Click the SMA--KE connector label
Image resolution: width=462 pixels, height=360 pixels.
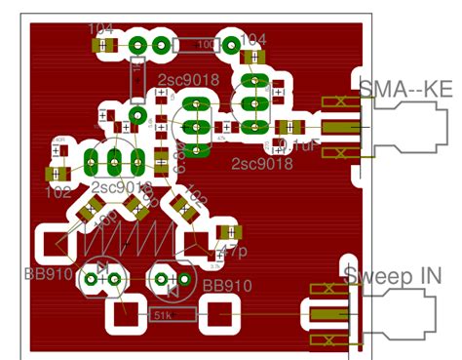coord(405,89)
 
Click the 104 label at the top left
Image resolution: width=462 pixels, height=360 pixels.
coord(103,28)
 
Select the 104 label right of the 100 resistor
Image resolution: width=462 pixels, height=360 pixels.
coord(251,39)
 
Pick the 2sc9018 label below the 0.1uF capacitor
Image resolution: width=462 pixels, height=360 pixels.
coord(261,163)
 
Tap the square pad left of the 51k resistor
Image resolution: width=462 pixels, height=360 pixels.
coord(124,315)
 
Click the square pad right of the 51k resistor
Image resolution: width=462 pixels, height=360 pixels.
coord(221,315)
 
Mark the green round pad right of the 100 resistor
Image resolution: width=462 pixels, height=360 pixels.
coord(232,45)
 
